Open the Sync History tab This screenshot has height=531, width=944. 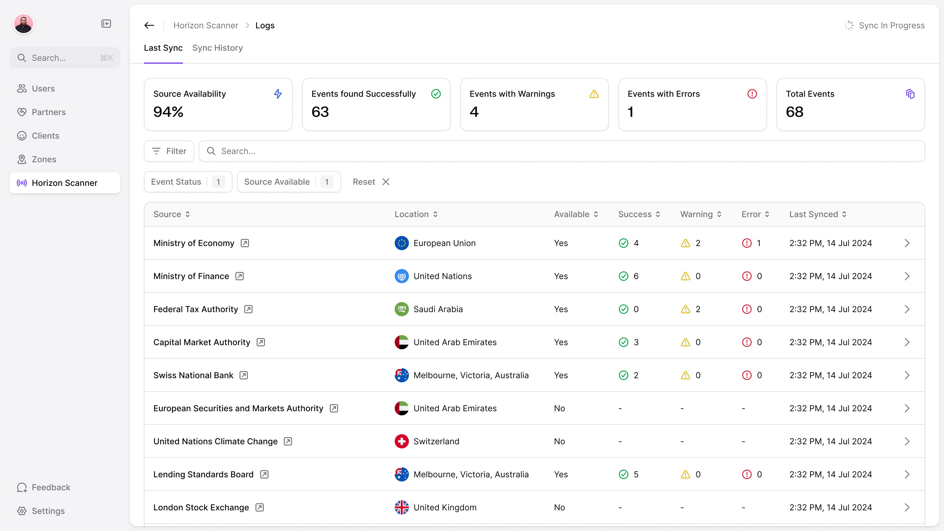tap(217, 48)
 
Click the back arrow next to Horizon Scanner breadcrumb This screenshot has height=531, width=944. tap(149, 25)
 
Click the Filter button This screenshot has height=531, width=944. tap(169, 151)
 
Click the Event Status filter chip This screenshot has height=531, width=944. tap(188, 182)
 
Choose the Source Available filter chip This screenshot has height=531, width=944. tap(289, 182)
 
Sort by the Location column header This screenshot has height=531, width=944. tap(416, 214)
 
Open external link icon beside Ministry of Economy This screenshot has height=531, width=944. tap(245, 243)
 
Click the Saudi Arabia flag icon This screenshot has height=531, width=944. tap(401, 309)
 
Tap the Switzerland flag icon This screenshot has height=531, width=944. tap(401, 441)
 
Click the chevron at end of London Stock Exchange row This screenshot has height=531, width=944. tap(907, 507)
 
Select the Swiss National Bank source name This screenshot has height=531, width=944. tap(193, 375)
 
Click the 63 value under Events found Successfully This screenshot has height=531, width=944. tap(320, 112)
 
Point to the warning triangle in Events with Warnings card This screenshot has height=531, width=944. tap(594, 94)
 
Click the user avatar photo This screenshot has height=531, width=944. tap(24, 24)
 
